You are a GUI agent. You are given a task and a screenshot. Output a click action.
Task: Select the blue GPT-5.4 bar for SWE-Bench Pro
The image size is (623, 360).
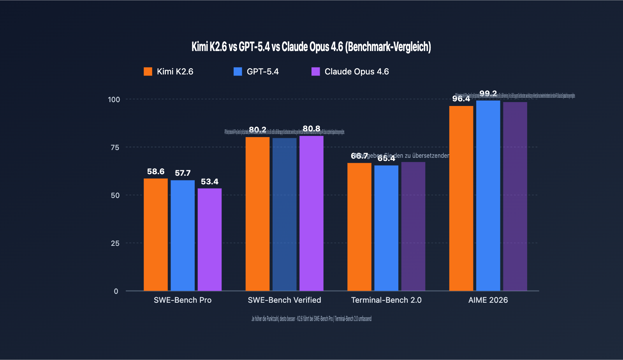tap(183, 235)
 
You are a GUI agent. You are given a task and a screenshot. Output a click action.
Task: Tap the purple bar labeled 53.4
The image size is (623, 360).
tap(209, 240)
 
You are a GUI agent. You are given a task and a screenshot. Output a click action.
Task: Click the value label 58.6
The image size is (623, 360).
tap(155, 171)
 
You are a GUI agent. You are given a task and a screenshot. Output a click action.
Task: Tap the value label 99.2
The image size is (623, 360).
tap(488, 94)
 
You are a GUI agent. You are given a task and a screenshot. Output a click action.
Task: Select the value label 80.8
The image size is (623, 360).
tap(311, 129)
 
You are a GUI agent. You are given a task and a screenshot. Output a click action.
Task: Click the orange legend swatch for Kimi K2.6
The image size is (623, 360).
tap(148, 71)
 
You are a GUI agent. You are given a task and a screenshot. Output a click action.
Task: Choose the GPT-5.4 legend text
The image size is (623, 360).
tap(262, 71)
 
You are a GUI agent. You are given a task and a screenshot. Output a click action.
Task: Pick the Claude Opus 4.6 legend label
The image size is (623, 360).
tap(356, 71)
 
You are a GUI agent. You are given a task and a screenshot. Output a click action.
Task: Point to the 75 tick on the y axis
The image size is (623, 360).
tap(115, 147)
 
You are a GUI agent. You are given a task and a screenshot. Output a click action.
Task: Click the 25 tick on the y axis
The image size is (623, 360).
tap(115, 243)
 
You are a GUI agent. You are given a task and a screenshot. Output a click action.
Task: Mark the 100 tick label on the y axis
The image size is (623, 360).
tap(114, 99)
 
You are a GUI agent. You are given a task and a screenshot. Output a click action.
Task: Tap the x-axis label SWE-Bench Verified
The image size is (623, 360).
tap(284, 300)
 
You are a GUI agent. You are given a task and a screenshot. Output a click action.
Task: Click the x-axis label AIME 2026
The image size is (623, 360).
tap(488, 300)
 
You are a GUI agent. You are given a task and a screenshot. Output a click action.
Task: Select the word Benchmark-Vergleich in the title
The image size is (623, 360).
tap(388, 47)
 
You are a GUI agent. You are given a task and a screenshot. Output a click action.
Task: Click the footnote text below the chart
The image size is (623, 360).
tap(311, 319)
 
